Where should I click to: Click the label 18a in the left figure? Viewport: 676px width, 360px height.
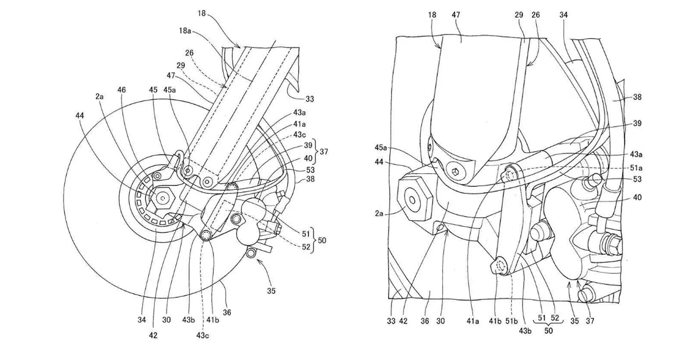(186, 30)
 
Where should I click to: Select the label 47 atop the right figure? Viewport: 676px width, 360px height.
(456, 15)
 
